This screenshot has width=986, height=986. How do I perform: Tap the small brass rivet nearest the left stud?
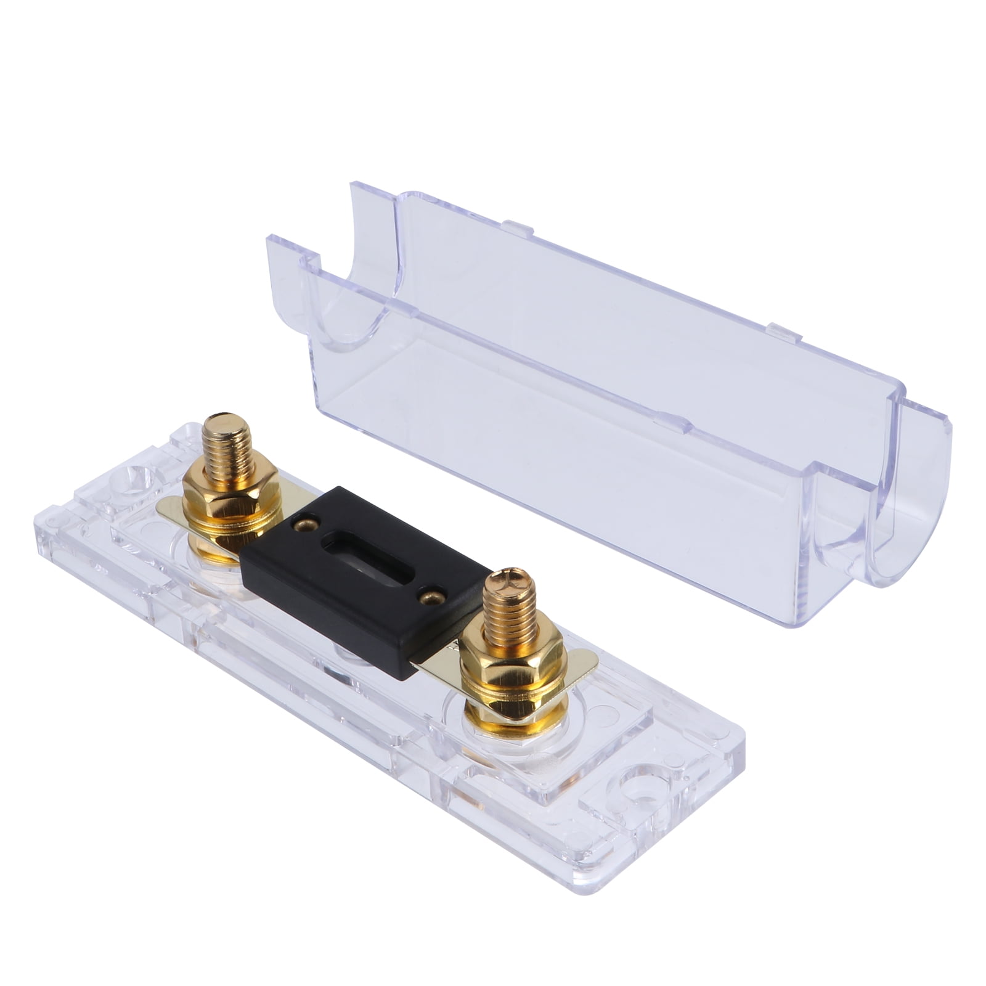[306, 524]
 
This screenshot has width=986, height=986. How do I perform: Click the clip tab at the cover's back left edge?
[518, 228]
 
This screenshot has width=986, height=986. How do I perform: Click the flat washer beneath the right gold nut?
[515, 709]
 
